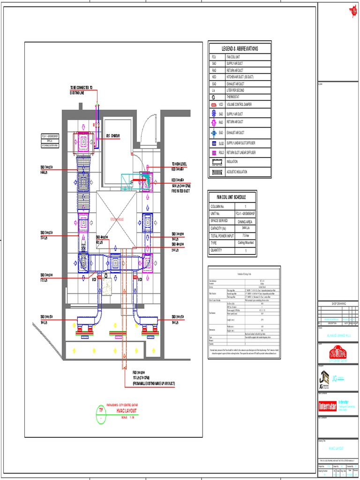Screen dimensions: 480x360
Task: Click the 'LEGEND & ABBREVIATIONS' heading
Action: coord(240,49)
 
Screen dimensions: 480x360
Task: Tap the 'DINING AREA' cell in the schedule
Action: coord(245,221)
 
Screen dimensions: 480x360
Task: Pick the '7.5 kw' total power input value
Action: coord(245,236)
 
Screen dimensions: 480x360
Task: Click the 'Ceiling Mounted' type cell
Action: coord(245,243)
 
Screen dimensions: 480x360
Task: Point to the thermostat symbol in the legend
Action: coord(214,97)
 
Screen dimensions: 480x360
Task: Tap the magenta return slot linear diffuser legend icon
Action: coord(214,153)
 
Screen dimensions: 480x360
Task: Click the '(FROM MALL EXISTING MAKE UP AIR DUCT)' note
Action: coord(153,383)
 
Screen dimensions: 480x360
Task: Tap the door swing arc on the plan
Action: coord(149,127)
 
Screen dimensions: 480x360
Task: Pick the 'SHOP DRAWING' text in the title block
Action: coord(338,304)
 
